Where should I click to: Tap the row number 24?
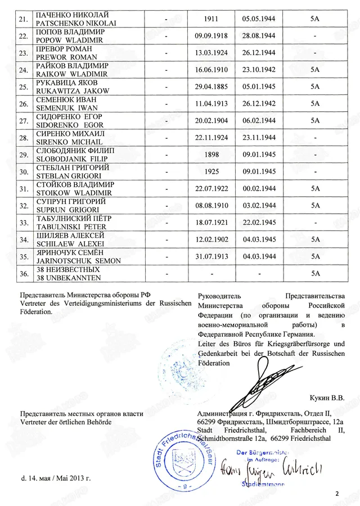[23, 70]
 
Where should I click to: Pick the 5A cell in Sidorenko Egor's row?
[315, 121]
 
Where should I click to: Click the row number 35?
[23, 257]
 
